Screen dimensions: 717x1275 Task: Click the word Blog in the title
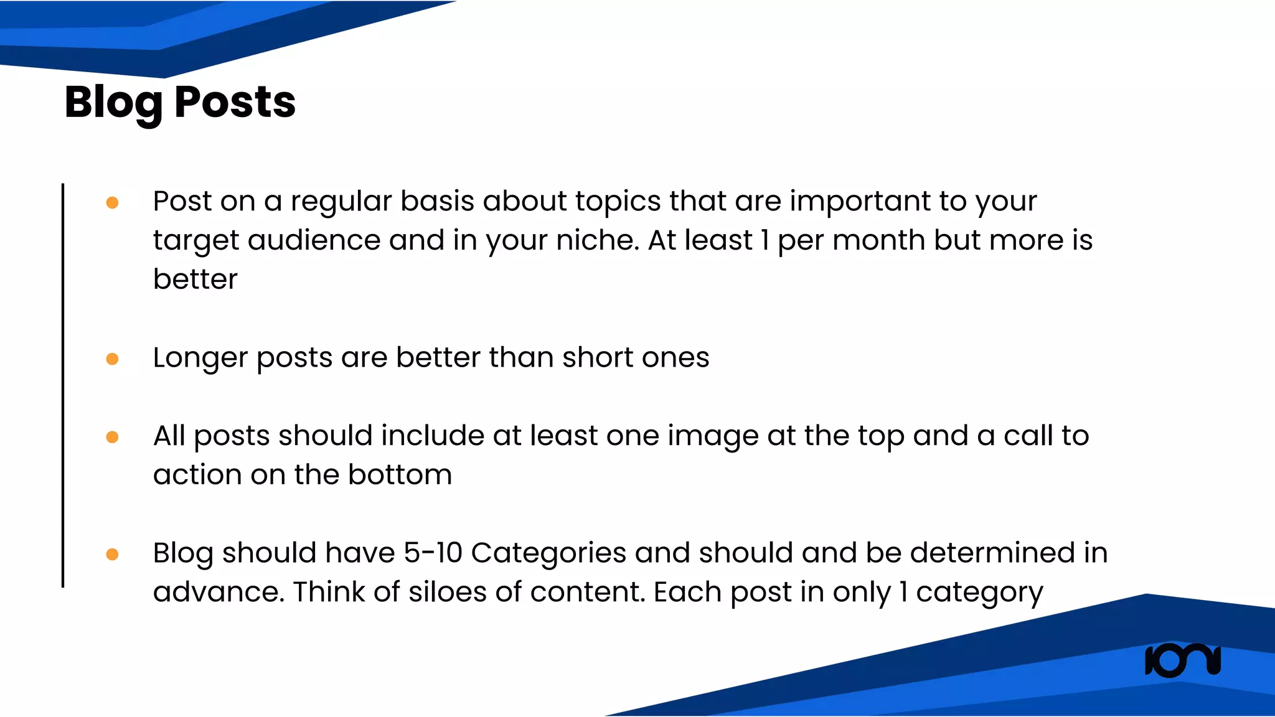(113, 103)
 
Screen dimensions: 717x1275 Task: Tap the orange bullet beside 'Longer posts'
(113, 359)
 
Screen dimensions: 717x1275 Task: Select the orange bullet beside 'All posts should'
(113, 438)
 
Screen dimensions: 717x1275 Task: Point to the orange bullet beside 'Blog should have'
(113, 555)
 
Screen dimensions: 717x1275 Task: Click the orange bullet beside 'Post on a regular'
(113, 203)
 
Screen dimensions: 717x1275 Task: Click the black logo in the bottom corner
(1182, 660)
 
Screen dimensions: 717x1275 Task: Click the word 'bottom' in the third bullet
(400, 476)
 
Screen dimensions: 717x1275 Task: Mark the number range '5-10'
(433, 553)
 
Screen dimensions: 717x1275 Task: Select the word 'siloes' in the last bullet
(447, 593)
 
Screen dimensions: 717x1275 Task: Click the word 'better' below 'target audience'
(195, 279)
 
